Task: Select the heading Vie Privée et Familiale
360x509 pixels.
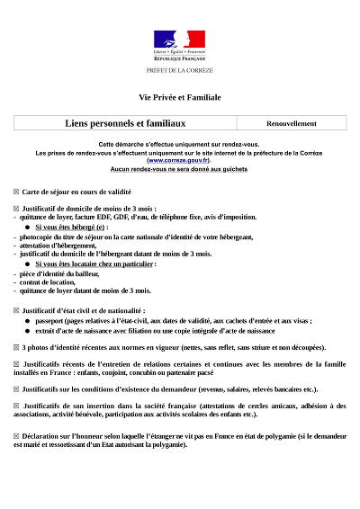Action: pos(179,97)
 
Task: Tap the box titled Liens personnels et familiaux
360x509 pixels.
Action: pos(125,122)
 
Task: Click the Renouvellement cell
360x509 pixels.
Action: pos(292,123)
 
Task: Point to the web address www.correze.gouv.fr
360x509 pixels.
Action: pos(180,158)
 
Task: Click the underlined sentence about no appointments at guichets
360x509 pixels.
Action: pos(179,168)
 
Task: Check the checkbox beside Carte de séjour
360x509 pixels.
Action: pos(16,192)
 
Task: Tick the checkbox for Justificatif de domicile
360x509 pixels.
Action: pos(16,209)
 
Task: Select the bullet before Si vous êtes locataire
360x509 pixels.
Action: pos(27,264)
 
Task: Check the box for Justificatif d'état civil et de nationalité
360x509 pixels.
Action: pos(16,310)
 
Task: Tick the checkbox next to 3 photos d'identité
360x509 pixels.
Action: pos(16,346)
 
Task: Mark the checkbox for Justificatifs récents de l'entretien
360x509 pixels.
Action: pos(16,364)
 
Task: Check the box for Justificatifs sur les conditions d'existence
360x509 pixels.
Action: pos(16,389)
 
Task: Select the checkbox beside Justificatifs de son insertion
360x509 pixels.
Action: pos(16,406)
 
